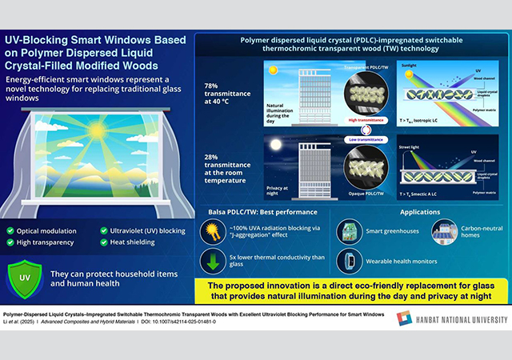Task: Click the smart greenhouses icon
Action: (349, 233)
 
